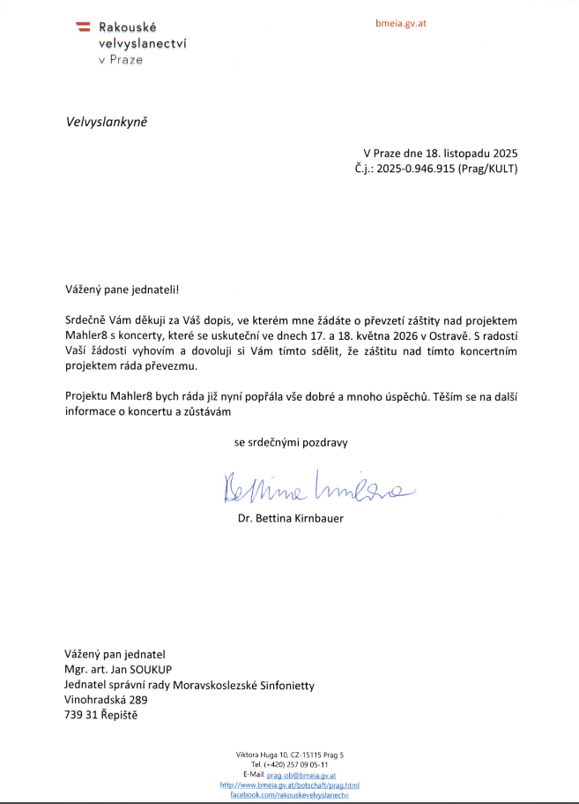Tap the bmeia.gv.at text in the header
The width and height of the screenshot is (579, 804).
[x=401, y=23]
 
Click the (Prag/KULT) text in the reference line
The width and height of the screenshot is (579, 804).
[x=486, y=168]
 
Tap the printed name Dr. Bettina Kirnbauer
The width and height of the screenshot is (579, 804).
[x=291, y=518]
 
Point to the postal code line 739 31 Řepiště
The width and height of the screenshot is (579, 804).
[x=100, y=715]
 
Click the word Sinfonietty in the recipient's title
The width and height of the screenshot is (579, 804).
[x=283, y=685]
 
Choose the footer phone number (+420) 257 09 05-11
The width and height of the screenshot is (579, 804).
[x=296, y=764]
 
